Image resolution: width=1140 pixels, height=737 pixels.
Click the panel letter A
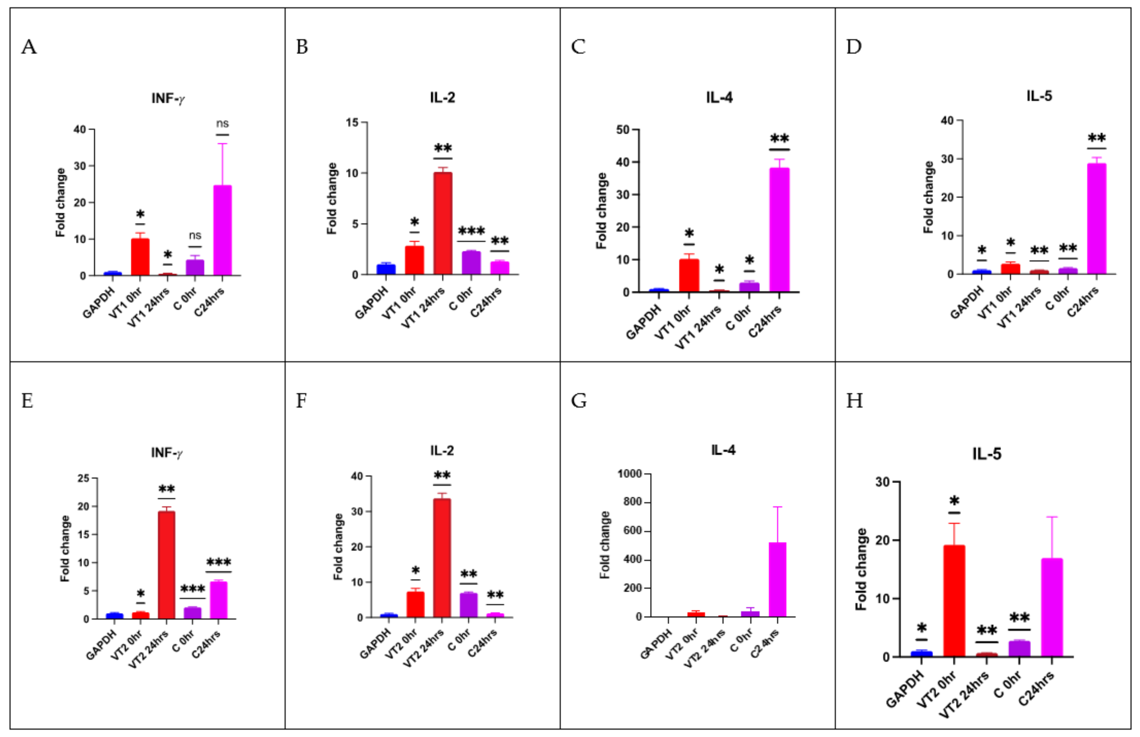tap(29, 47)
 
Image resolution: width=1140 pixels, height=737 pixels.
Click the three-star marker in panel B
tap(471, 232)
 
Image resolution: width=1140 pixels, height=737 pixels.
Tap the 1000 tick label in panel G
tap(629, 474)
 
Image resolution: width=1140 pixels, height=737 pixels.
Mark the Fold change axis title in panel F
tap(339, 546)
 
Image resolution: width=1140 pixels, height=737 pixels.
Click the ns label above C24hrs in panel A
tap(222, 123)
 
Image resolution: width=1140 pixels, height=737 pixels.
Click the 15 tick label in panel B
tap(353, 123)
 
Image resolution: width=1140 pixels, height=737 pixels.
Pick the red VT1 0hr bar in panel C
tap(689, 275)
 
